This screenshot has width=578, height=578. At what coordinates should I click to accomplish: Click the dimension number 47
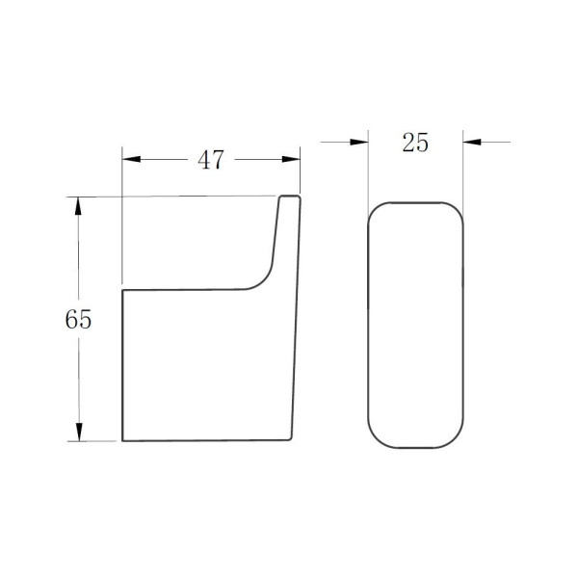(x=210, y=160)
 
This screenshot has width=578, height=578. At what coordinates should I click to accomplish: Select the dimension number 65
(x=78, y=319)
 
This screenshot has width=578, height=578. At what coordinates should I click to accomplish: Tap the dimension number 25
(x=415, y=143)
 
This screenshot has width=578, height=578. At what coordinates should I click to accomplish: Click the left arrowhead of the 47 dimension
(x=131, y=159)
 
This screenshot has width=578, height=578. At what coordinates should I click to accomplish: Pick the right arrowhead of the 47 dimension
(x=291, y=159)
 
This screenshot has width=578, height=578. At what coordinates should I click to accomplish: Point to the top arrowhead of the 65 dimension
(x=78, y=206)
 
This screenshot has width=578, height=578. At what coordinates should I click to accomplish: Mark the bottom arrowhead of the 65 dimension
(x=79, y=432)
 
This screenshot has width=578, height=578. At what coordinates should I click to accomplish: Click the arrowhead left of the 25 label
(x=359, y=142)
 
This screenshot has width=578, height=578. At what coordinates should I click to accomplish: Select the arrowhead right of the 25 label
(x=472, y=142)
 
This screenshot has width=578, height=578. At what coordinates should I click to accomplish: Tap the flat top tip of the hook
(x=290, y=197)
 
